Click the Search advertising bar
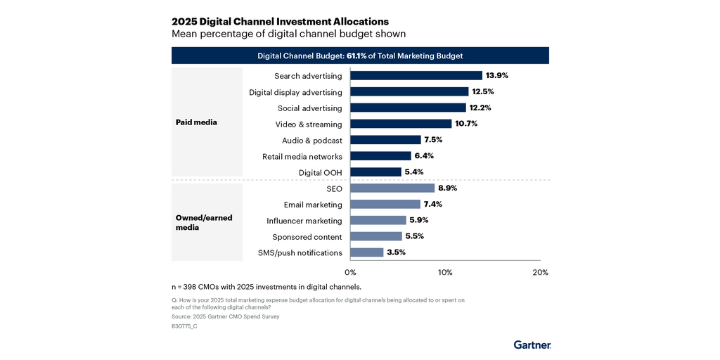tap(416, 75)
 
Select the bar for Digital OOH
tap(375, 172)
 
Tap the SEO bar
tap(392, 188)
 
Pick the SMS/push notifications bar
tap(366, 252)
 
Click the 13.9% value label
tap(497, 75)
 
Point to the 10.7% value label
tap(466, 124)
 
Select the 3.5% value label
tap(397, 252)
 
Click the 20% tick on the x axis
tap(540, 272)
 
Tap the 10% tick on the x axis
tap(445, 272)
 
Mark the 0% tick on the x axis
tap(350, 272)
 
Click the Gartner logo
tap(532, 345)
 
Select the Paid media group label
tap(196, 122)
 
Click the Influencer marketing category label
tap(304, 221)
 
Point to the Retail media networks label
tap(302, 156)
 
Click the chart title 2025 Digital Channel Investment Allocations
tap(280, 22)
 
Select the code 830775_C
tap(184, 326)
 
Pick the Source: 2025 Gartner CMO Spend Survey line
tap(225, 316)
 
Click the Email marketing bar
tap(385, 204)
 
